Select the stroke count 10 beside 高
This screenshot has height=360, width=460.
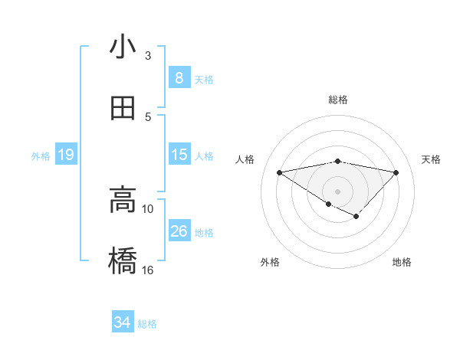[148, 208]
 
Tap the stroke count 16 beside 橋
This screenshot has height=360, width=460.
[148, 270]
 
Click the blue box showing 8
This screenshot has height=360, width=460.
[179, 78]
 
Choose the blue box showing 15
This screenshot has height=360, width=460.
[179, 155]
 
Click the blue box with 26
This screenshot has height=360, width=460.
[179, 231]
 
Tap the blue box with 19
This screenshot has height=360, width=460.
[65, 155]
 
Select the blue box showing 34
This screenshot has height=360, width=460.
[122, 323]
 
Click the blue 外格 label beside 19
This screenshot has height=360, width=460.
[41, 156]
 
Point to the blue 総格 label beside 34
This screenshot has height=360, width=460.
[147, 324]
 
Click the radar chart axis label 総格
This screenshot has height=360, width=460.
[338, 100]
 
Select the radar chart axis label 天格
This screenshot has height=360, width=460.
[432, 159]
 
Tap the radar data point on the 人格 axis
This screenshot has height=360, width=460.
[279, 172]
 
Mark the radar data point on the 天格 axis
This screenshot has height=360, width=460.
[396, 172]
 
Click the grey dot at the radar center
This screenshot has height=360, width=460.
[338, 191]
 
